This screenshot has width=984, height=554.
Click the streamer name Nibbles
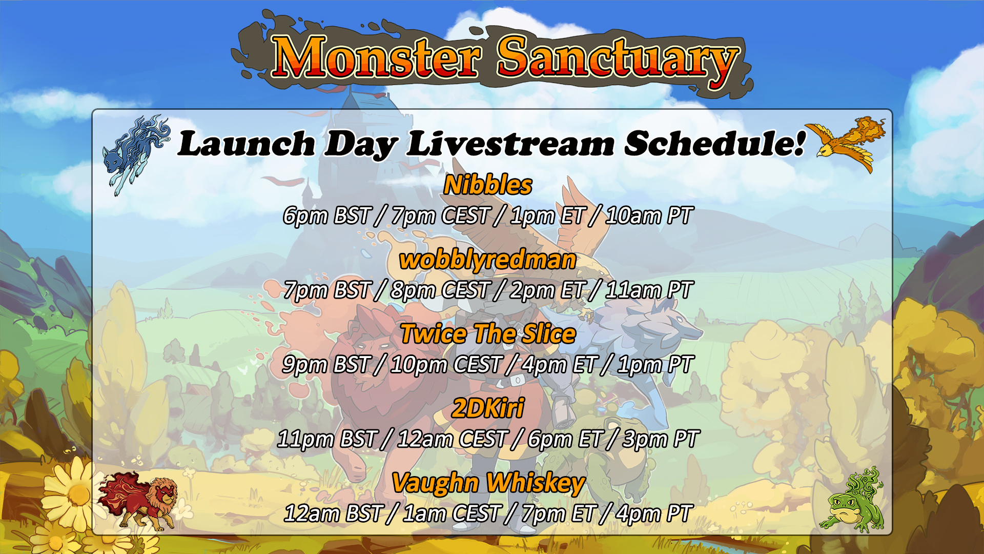coord(488,185)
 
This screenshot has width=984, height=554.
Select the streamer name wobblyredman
coord(488,260)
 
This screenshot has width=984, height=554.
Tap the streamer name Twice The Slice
coord(488,334)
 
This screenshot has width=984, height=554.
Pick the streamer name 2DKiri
coord(488,408)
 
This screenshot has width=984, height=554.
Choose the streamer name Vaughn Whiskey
coord(488,483)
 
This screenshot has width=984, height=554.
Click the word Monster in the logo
coord(376,57)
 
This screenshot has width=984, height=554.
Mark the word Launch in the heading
coord(246,144)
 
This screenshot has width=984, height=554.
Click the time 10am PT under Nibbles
coord(649,215)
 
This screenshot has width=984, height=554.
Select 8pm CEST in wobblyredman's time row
coord(440,290)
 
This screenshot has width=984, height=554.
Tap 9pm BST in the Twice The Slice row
coord(326,365)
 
